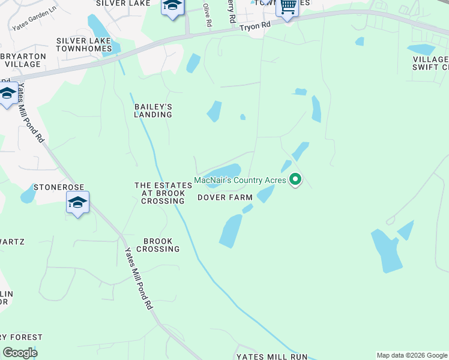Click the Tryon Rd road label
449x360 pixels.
(255, 26)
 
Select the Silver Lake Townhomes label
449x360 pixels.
(84, 44)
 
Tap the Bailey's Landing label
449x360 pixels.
(153, 110)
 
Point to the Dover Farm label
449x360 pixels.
(225, 197)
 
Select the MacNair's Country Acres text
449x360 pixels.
(240, 180)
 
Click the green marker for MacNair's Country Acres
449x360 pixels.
(295, 179)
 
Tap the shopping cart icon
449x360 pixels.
(288, 7)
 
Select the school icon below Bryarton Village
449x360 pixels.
(8, 94)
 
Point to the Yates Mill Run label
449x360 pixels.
(273, 356)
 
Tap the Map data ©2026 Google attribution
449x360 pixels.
(411, 355)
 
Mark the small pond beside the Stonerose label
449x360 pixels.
(28, 194)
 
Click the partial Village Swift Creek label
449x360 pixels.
(432, 64)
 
